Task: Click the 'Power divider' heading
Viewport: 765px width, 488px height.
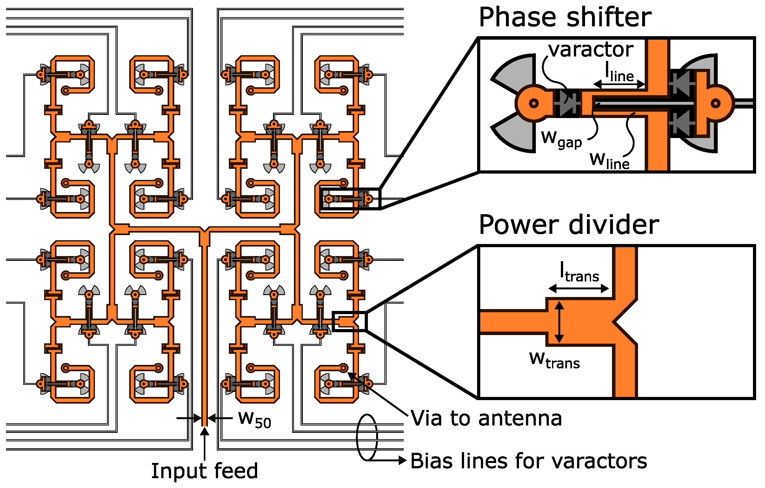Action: (x=569, y=225)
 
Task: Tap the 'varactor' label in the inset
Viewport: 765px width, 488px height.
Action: (x=591, y=50)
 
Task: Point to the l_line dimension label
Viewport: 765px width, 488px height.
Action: (x=619, y=72)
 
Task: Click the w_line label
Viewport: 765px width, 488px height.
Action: (x=609, y=161)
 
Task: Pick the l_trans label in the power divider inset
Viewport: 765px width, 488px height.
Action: (x=579, y=273)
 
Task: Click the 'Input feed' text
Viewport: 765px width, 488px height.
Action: (x=204, y=471)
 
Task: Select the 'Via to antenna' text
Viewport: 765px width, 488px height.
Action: (x=486, y=418)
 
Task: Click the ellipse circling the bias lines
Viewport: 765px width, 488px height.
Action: (x=367, y=437)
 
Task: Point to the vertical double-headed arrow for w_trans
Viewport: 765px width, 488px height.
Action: (x=559, y=322)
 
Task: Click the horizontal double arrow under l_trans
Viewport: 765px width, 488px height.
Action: (x=579, y=288)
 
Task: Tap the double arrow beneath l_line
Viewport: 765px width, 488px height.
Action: (x=619, y=84)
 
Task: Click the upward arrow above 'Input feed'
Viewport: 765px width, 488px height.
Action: (x=205, y=443)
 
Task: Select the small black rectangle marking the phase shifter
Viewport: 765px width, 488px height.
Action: (x=350, y=199)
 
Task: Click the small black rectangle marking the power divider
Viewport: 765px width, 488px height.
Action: (x=349, y=321)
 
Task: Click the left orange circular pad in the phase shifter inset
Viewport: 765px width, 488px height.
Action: (x=534, y=103)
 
